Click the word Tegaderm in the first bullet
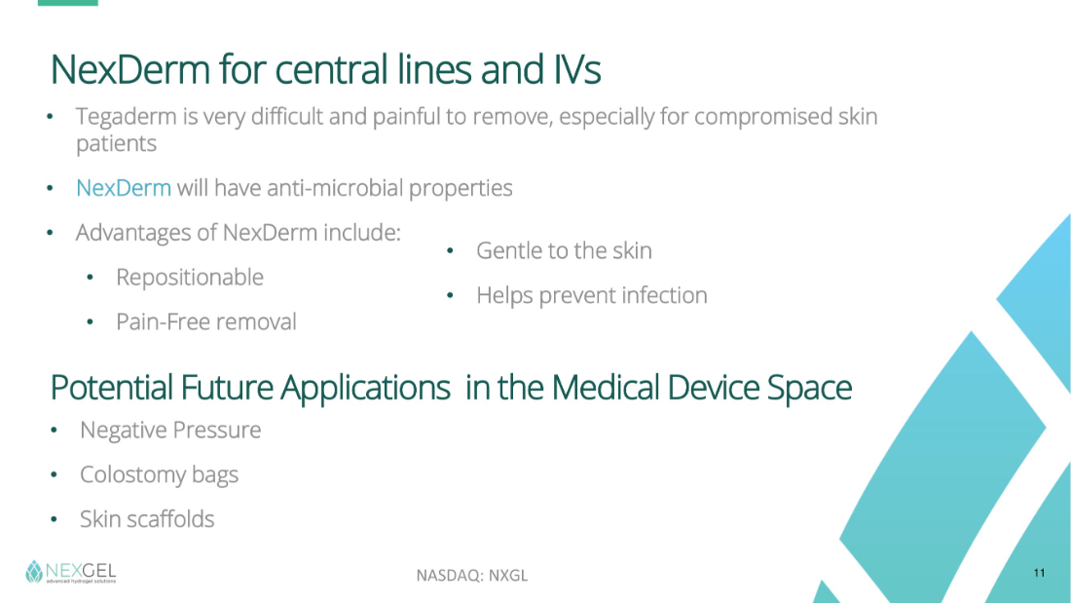(x=127, y=117)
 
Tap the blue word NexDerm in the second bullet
(x=124, y=188)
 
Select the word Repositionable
(x=190, y=278)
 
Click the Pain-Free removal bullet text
(x=206, y=321)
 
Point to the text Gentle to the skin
(x=564, y=251)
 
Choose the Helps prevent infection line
(x=592, y=295)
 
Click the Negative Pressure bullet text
(x=170, y=430)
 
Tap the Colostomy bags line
(x=159, y=474)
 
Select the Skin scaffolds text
(x=147, y=519)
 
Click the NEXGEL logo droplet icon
(x=34, y=572)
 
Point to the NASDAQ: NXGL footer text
(x=472, y=576)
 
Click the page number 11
(x=1039, y=573)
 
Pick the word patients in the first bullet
(x=116, y=144)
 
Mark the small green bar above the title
(x=67, y=3)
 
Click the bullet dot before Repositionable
(x=91, y=278)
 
